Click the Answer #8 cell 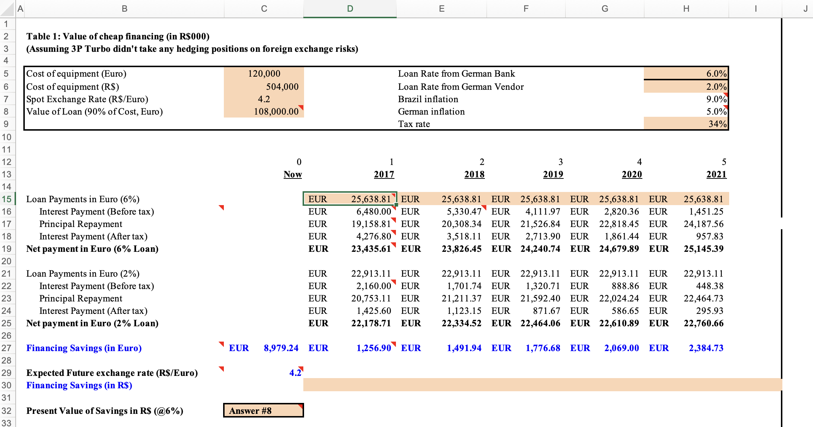pyautogui.click(x=263, y=411)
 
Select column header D pyautogui.click(x=350, y=9)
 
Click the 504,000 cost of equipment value pyautogui.click(x=282, y=86)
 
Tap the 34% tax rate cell pyautogui.click(x=717, y=124)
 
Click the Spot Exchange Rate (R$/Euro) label pyautogui.click(x=87, y=99)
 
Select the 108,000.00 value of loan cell pyautogui.click(x=276, y=112)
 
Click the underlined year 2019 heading pyautogui.click(x=553, y=174)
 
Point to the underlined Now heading pyautogui.click(x=292, y=174)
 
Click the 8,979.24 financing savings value pyautogui.click(x=281, y=348)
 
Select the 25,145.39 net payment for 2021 pyautogui.click(x=703, y=249)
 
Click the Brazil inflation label pyautogui.click(x=428, y=99)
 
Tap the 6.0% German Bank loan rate pyautogui.click(x=716, y=74)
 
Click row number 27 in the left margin pyautogui.click(x=7, y=348)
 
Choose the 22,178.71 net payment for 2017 pyautogui.click(x=370, y=323)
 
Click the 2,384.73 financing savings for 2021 pyautogui.click(x=706, y=348)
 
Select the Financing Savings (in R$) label pyautogui.click(x=79, y=385)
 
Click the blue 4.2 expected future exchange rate pyautogui.click(x=295, y=373)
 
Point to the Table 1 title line pyautogui.click(x=118, y=36)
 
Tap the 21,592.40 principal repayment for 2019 pyautogui.click(x=540, y=299)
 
